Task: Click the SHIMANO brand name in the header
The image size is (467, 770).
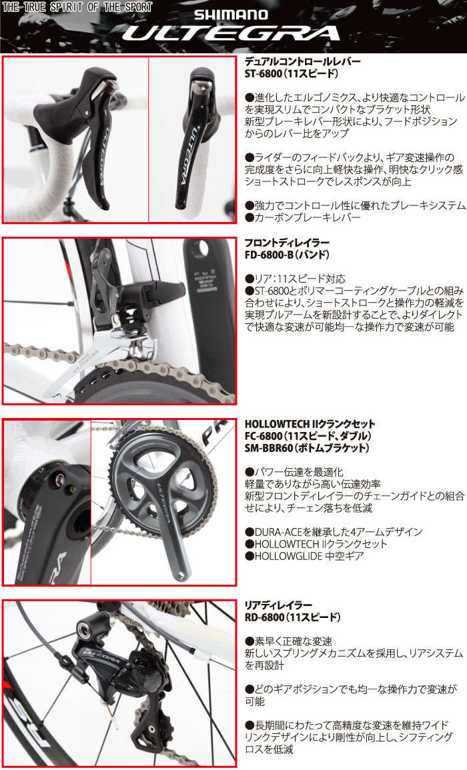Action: (231, 14)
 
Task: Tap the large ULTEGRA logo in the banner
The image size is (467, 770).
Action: (231, 33)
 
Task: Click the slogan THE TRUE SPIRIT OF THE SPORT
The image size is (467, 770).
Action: (77, 7)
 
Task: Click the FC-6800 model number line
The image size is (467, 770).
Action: (308, 435)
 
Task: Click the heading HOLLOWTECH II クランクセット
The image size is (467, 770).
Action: (310, 423)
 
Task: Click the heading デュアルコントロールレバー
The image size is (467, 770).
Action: (302, 61)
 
